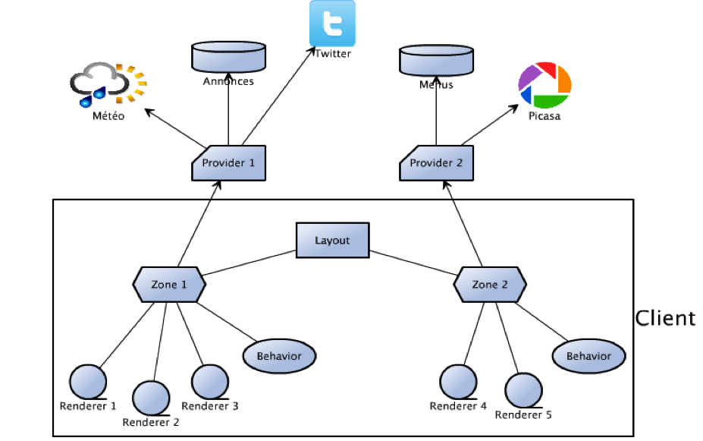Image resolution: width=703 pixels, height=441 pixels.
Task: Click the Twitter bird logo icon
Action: click(332, 24)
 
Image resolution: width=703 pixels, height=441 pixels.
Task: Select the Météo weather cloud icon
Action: click(107, 86)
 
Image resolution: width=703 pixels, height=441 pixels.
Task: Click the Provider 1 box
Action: click(228, 162)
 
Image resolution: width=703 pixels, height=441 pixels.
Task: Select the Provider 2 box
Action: click(436, 162)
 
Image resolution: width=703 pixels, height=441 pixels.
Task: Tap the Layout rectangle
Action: click(332, 241)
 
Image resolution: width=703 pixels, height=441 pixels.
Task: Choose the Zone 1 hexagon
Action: click(169, 285)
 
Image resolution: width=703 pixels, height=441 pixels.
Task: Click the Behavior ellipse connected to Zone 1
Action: click(279, 355)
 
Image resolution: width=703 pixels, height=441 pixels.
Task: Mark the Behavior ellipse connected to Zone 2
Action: click(589, 355)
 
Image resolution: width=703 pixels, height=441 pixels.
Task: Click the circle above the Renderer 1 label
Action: click(88, 380)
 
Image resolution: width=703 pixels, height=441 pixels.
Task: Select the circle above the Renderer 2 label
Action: click(150, 397)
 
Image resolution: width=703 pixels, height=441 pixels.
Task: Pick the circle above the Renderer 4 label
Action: click(459, 380)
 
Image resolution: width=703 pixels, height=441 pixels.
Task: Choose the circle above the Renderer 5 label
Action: click(523, 389)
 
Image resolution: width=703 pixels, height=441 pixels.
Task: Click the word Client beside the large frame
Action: click(664, 318)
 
